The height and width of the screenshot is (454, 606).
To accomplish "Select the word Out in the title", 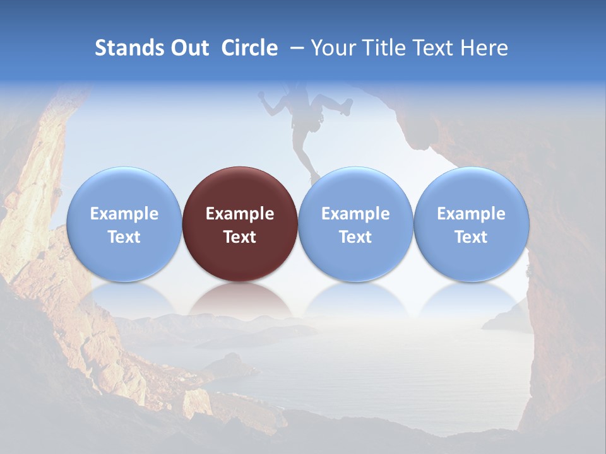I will tap(188, 48).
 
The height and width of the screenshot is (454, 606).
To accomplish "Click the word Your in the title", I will tap(332, 48).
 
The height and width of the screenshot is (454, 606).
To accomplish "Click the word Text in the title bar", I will tap(434, 48).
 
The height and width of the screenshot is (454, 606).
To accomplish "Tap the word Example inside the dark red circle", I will tap(240, 214).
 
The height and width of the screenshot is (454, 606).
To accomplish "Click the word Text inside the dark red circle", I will tap(240, 237).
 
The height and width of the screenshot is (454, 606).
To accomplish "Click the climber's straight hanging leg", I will tap(307, 158).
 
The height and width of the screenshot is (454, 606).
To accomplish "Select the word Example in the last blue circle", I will tap(471, 214).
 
